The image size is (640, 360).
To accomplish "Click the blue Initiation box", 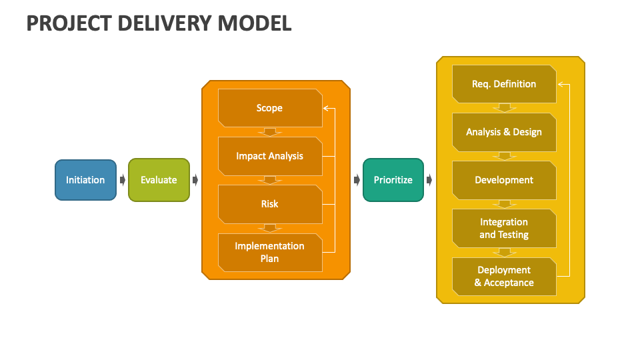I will pos(85,180).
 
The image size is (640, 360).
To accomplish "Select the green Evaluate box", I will pos(159,180).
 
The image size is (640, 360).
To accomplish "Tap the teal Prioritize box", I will pos(393,180).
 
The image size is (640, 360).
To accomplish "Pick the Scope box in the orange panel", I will pos(269,108).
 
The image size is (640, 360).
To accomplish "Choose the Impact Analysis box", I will pos(269,156).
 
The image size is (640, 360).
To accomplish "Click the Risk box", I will pos(269,204).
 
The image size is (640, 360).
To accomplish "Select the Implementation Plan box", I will pos(269,252).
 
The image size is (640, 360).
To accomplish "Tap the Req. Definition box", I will pos(504,84).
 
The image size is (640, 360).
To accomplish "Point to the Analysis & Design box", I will pos(504,132).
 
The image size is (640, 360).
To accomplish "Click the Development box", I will pos(504,180).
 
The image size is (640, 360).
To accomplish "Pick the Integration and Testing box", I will pos(504,228).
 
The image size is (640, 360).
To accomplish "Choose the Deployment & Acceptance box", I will pos(504,276).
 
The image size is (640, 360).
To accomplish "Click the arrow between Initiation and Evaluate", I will pos(123,180).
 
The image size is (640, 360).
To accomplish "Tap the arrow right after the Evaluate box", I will pos(195,180).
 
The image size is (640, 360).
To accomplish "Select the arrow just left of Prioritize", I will pos(357,180).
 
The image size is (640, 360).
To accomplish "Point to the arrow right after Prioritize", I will pos(429,180).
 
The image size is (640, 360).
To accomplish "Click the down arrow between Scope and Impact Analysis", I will pos(270,131).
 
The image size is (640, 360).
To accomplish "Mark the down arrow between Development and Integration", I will pos(505,204).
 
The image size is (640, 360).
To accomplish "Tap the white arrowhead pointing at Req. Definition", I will pos(561,84).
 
